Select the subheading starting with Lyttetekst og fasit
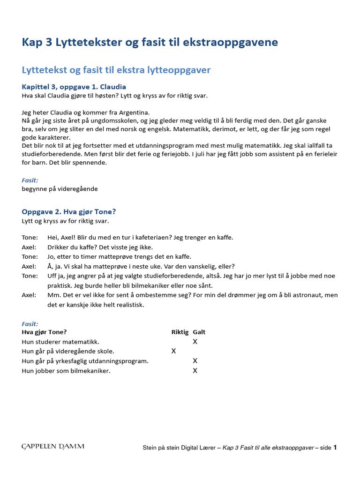coord(116,70)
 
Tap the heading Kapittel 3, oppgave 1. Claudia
coord(74,87)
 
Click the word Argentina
coord(135,112)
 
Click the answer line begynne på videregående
coord(60,189)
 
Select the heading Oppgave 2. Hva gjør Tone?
coord(68,212)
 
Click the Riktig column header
coord(180,332)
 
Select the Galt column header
coord(199,332)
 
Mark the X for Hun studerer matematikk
coord(195,342)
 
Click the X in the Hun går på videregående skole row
coord(174,351)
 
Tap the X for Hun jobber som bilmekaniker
coord(195,371)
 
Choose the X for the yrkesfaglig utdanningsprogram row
coord(195,361)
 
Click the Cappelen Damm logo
coord(53,447)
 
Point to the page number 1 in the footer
coord(335,448)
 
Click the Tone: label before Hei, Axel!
coord(30,238)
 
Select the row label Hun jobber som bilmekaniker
coord(66,371)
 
